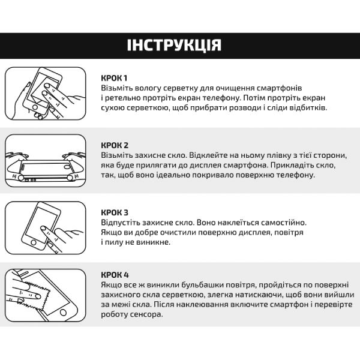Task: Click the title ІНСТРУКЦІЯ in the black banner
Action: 174,45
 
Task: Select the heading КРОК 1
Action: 114,78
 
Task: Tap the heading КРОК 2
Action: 115,145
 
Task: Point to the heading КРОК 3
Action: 115,212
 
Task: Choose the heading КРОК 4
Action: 115,275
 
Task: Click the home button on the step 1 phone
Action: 35,107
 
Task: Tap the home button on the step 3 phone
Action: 34,242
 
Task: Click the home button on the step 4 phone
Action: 63,312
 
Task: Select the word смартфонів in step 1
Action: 279,88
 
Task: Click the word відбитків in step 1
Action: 307,107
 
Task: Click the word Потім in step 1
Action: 254,98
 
